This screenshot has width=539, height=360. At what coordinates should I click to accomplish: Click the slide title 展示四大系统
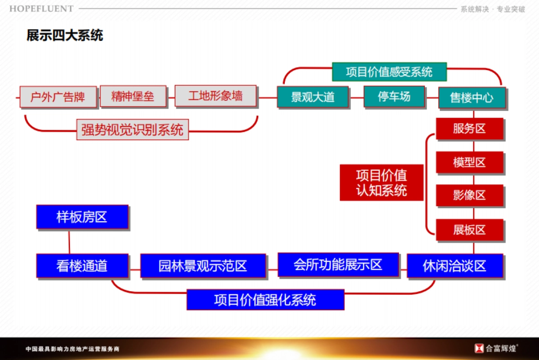(x=65, y=36)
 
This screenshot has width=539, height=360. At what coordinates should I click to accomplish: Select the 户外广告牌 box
(x=58, y=97)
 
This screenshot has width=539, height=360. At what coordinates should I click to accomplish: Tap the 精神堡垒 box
(x=133, y=96)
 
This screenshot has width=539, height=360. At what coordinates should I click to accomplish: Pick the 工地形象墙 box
(x=215, y=96)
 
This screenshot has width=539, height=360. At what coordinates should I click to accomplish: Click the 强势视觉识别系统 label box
(x=132, y=129)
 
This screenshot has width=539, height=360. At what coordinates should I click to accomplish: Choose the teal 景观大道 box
(x=313, y=97)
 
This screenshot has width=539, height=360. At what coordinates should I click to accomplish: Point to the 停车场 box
(x=394, y=96)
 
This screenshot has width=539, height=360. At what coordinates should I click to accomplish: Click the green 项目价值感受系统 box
(x=389, y=72)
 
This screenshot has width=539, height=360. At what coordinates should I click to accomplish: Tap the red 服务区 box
(x=469, y=129)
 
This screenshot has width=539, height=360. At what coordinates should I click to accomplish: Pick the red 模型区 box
(x=469, y=162)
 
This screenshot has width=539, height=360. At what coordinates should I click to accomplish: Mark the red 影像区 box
(x=469, y=196)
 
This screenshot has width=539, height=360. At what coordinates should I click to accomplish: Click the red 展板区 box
(x=469, y=230)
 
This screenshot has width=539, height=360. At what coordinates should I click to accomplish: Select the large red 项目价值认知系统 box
(x=381, y=182)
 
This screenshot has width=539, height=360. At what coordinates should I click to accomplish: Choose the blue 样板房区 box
(x=82, y=217)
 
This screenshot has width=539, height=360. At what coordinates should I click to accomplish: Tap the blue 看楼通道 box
(x=82, y=266)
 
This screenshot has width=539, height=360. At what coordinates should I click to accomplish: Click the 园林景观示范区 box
(x=203, y=266)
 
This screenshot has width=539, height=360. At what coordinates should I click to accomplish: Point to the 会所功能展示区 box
(x=338, y=264)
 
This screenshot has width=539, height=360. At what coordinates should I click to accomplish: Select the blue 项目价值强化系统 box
(x=265, y=299)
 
